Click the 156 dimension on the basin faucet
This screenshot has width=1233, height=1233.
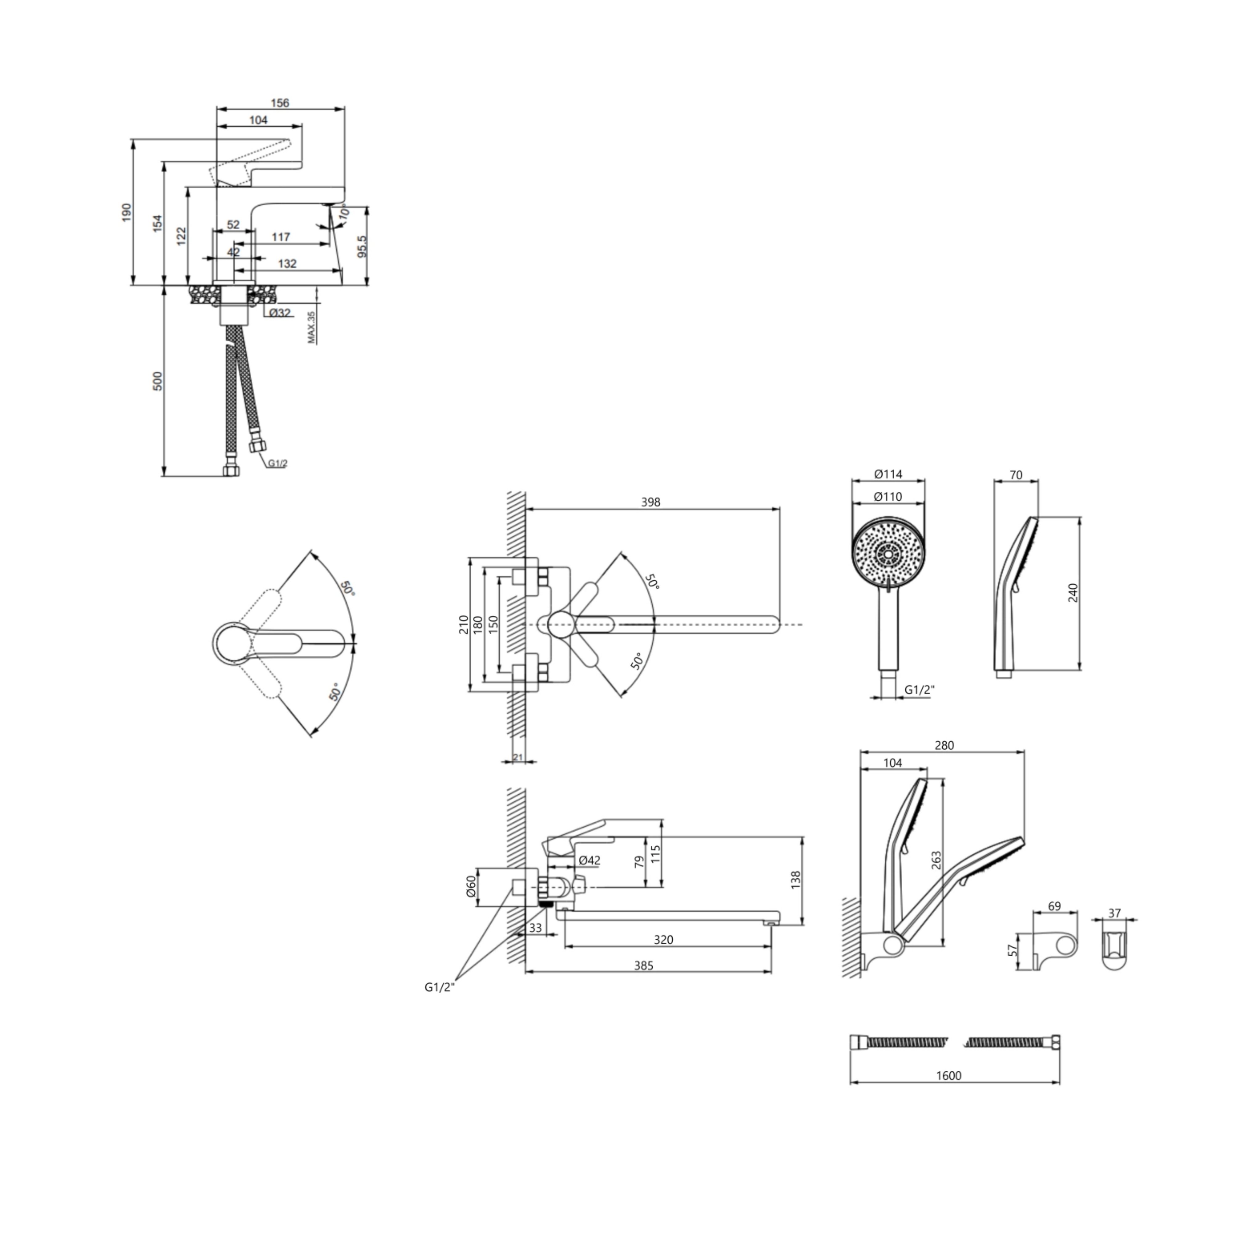pos(280,103)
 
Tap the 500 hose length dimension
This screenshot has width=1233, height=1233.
pos(158,381)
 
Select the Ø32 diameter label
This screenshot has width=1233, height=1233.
pos(280,313)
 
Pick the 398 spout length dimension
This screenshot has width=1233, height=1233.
pos(650,502)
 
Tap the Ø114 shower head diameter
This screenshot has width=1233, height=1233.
pos(888,474)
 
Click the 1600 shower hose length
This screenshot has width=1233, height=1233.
pos(948,1075)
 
